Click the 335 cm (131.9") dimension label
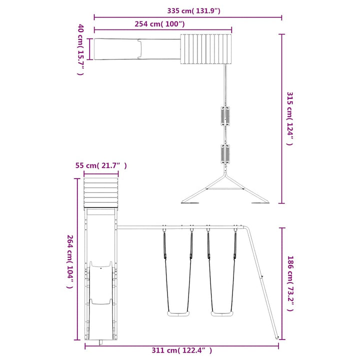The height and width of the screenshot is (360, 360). pos(193,11)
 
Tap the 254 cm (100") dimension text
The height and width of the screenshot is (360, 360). pos(159,24)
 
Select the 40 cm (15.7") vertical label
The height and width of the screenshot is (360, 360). pos(80,49)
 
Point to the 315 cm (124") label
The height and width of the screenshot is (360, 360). pos(289,118)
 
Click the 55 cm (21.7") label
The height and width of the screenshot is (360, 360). pos(101,165)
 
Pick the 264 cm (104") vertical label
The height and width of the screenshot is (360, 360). pos(70,261)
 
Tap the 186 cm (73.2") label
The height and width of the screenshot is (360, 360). pos(290,283)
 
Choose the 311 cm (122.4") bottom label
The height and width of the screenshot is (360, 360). pos(182,350)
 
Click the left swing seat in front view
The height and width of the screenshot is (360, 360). pos(178,313)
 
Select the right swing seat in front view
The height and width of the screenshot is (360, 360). pos(222,313)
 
